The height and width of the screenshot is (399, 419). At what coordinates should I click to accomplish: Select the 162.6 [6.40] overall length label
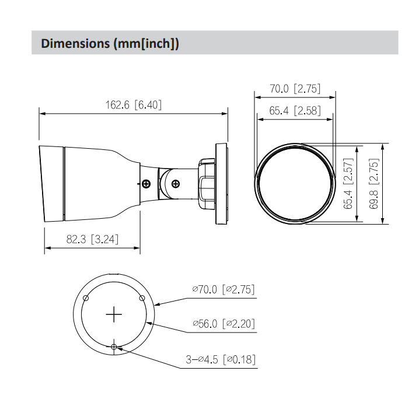point(133,105)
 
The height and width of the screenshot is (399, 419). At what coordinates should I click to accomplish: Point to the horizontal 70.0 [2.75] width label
point(295,89)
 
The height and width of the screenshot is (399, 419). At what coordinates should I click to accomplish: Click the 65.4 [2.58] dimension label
point(295,110)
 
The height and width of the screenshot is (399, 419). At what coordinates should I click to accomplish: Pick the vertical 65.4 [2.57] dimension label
point(348,183)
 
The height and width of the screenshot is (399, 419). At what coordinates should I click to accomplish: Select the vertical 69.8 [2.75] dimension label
point(374,183)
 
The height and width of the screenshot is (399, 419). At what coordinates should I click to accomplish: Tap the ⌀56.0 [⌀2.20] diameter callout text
point(224,323)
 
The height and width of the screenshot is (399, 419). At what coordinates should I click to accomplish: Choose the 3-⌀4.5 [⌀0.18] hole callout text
point(221,359)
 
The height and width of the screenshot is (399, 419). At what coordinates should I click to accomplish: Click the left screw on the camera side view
point(146,184)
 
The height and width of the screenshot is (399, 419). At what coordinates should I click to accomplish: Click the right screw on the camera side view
point(176,184)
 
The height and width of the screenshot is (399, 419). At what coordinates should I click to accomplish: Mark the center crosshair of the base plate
point(114,314)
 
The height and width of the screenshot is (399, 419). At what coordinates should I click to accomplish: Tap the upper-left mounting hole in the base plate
point(86,298)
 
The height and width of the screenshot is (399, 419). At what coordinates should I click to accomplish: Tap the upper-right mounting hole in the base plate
point(142,298)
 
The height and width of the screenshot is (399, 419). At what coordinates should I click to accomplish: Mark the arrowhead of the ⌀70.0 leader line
point(156,304)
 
